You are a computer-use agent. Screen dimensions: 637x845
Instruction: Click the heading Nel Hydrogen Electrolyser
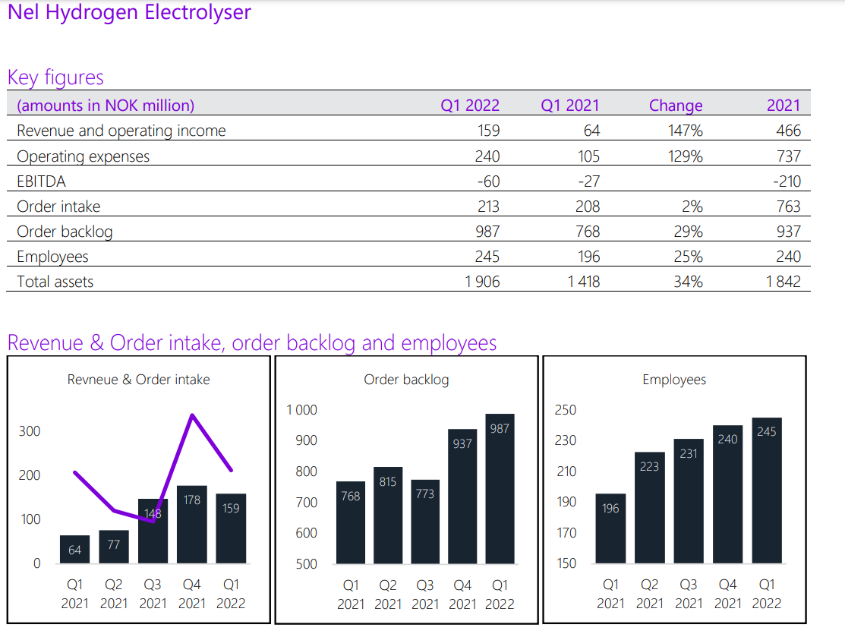click(129, 12)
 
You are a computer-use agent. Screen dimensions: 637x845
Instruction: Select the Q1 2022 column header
click(470, 106)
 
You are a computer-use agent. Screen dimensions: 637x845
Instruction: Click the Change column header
click(676, 106)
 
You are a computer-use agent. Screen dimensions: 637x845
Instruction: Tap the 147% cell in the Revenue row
click(686, 131)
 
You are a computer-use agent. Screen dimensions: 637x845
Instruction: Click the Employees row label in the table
click(52, 257)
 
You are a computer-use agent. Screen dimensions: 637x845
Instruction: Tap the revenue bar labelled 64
click(74, 549)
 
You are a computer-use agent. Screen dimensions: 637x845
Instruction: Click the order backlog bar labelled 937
click(462, 497)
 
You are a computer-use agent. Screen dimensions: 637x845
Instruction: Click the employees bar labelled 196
click(610, 528)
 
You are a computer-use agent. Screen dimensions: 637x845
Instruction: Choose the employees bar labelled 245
click(767, 490)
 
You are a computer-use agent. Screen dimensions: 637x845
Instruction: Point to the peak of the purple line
click(193, 415)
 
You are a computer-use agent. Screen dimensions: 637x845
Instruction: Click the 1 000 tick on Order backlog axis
click(301, 410)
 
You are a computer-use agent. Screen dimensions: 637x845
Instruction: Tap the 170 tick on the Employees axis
click(566, 533)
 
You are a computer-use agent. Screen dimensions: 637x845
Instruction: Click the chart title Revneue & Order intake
click(138, 380)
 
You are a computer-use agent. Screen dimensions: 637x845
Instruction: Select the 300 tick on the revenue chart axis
click(30, 431)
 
